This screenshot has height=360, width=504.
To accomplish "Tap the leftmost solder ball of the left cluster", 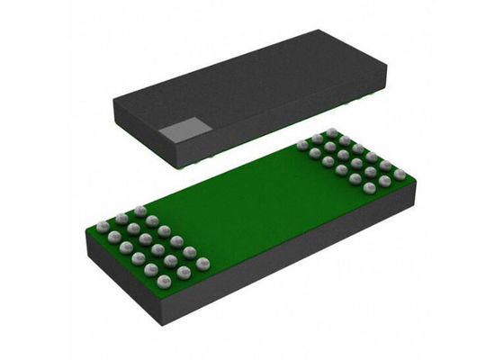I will pyautogui.click(x=103, y=226).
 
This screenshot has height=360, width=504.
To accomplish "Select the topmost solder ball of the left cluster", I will pyautogui.click(x=139, y=211).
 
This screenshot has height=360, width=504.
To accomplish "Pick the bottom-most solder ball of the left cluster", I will pyautogui.click(x=164, y=283).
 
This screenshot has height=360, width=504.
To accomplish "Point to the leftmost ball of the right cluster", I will pyautogui.click(x=302, y=145).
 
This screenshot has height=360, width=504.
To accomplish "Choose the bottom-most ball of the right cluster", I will pyautogui.click(x=370, y=190).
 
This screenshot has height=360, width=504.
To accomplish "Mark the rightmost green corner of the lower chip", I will pyautogui.click(x=416, y=177).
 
